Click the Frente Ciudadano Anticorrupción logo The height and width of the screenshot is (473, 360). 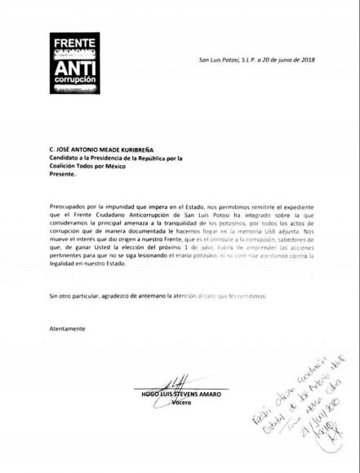78,63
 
